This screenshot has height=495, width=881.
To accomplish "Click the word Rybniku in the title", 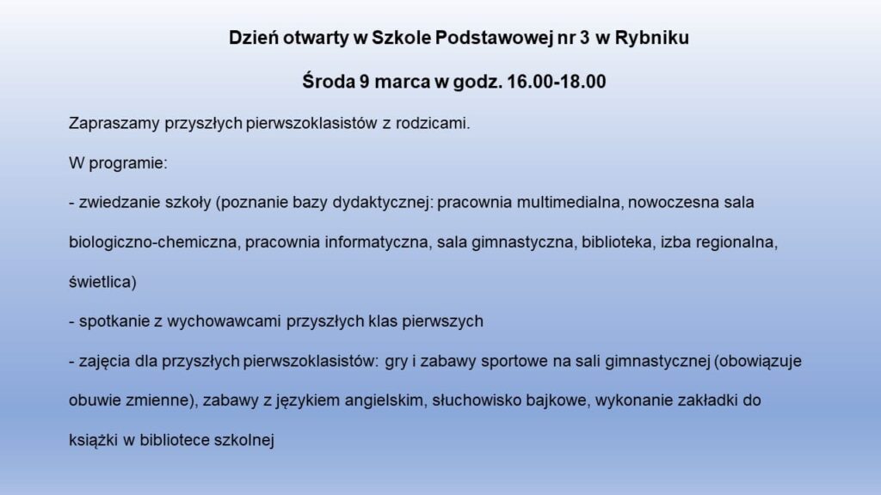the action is tap(652, 38).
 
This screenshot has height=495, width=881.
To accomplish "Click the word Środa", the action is tap(329, 81).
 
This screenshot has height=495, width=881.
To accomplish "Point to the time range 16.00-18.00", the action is tap(557, 82).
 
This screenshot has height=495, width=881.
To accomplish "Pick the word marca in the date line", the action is tap(403, 82).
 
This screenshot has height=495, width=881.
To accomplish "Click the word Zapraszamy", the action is tap(114, 124).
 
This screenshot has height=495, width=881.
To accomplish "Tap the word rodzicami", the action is tap(432, 123).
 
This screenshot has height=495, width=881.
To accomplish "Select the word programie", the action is tap(127, 163).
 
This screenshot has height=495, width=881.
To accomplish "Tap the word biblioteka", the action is tap(617, 241).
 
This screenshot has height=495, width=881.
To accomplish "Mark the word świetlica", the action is tap(102, 282).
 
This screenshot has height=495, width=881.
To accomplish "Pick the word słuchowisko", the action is tap(475, 400).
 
